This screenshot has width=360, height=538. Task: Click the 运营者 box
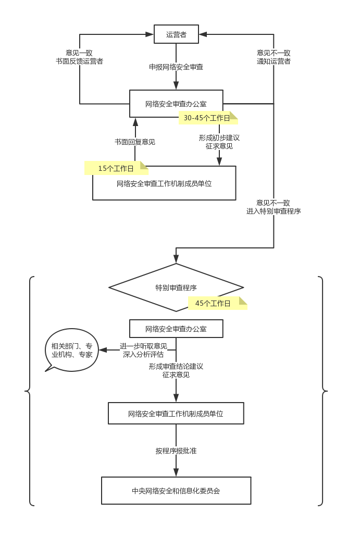click(x=176, y=34)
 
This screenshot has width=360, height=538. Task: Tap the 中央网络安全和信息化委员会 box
click(x=176, y=491)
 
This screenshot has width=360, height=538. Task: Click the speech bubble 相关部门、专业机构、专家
click(x=72, y=351)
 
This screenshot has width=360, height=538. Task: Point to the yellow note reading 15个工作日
click(x=116, y=168)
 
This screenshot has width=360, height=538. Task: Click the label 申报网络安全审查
click(x=176, y=67)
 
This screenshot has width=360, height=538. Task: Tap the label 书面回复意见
click(x=135, y=142)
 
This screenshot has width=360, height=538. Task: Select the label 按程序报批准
click(x=176, y=451)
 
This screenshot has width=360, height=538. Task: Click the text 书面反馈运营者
click(x=79, y=61)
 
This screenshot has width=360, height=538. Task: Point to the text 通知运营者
click(x=274, y=61)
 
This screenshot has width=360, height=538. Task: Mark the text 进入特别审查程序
click(x=274, y=211)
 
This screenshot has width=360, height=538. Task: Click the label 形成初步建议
click(x=219, y=138)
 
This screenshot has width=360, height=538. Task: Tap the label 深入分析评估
click(x=143, y=354)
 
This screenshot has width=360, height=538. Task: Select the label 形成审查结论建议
click(x=176, y=366)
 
